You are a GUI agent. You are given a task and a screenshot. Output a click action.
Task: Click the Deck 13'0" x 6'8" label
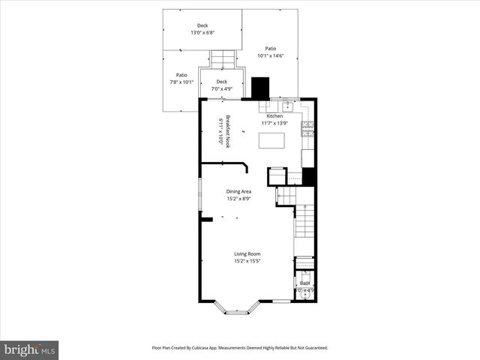coord(202,28)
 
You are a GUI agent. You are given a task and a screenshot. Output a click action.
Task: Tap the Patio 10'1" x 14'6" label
coord(270,52)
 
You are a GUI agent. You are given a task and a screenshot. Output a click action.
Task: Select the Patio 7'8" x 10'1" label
coord(181,78)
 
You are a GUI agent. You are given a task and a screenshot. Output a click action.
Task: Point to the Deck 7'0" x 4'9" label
coord(222,85)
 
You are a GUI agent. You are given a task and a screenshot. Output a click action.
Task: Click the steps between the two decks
coord(222,58)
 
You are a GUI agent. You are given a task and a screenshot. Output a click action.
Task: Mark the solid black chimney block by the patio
coord(261,88)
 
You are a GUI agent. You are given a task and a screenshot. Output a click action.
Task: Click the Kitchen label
coord(274,116)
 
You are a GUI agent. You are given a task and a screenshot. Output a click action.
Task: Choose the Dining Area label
coord(239,191)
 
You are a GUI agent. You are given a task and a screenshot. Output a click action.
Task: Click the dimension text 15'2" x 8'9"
coord(239,198)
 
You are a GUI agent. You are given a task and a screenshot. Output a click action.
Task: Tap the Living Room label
coord(247,254)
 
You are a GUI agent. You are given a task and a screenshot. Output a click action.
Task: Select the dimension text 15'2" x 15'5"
coord(247,261)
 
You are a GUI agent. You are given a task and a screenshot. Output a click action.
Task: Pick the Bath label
coord(304,283)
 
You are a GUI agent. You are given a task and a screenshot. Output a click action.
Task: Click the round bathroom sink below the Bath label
coord(304,295)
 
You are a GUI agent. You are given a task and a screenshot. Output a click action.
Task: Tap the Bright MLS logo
coord(29,349)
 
